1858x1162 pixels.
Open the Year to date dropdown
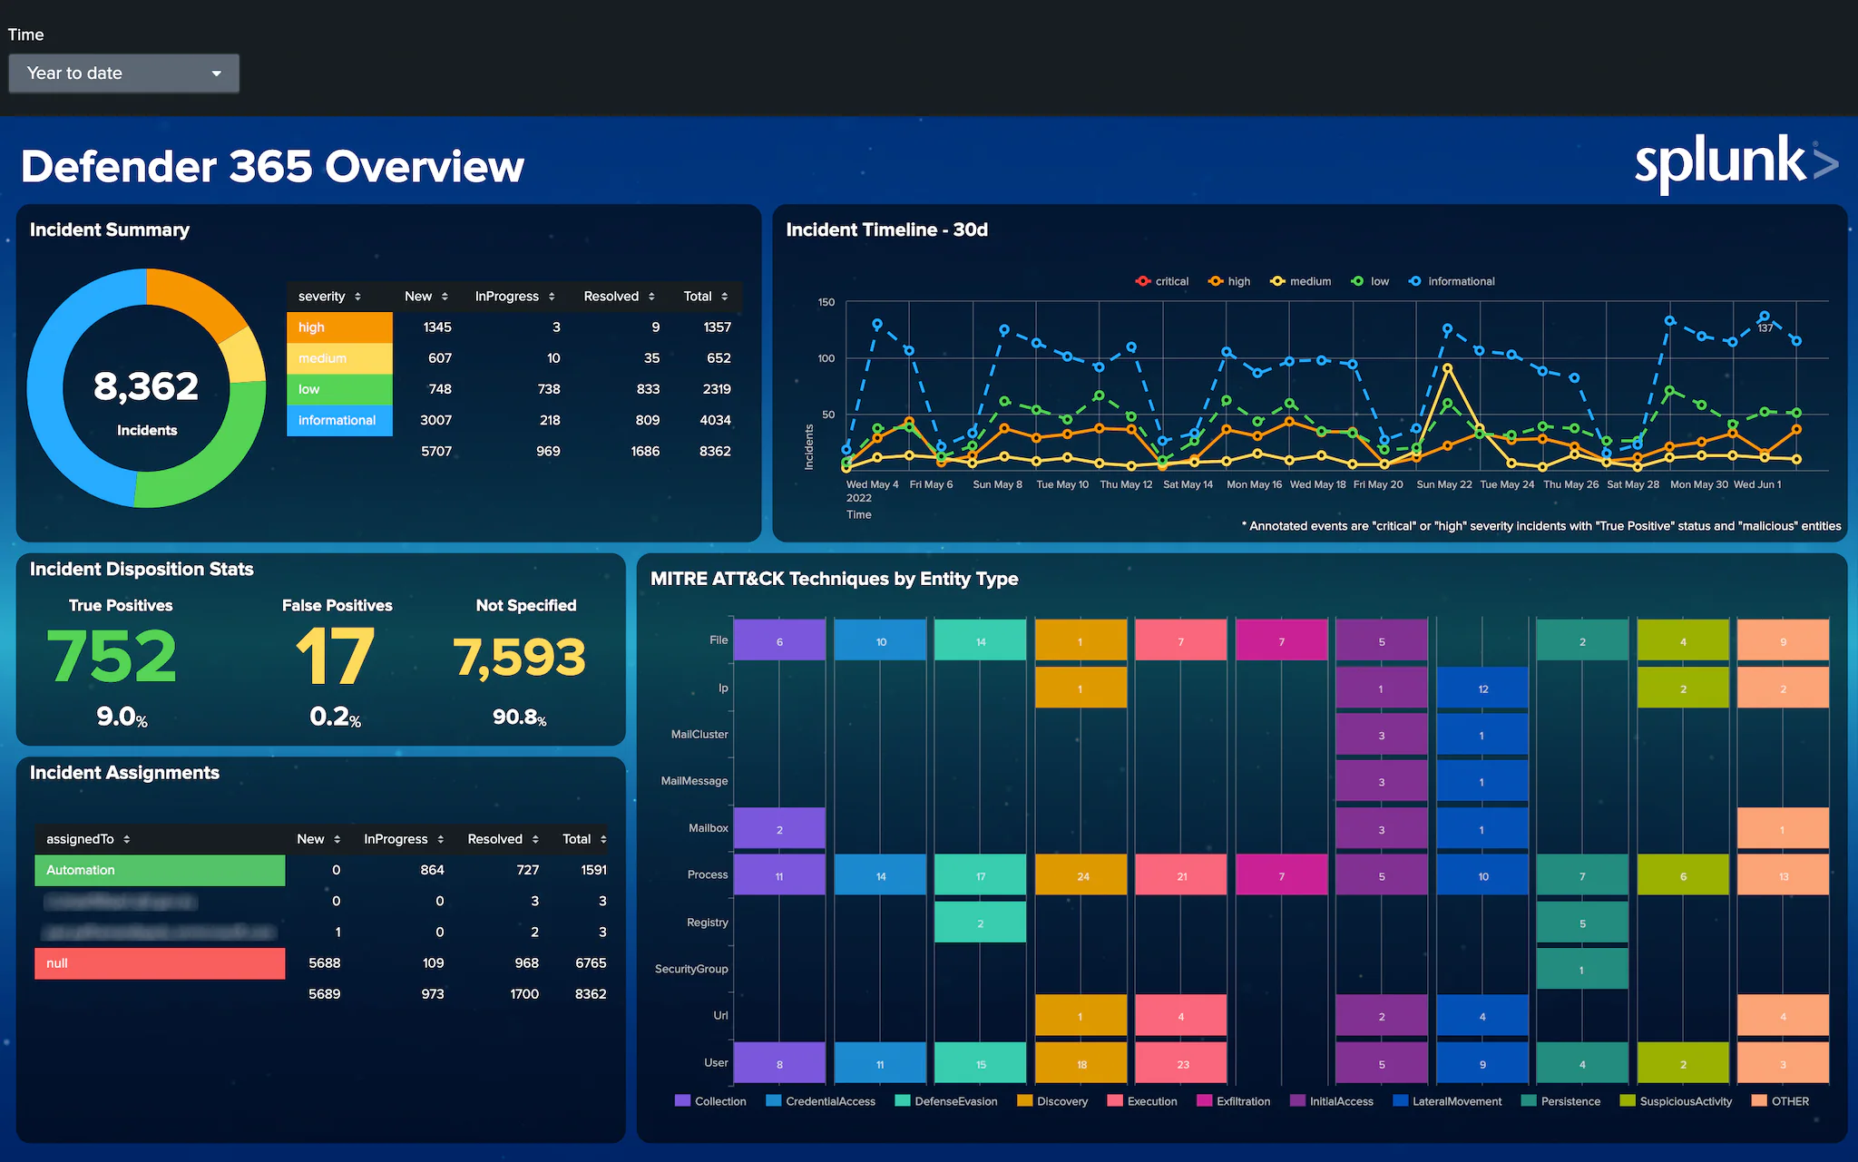pos(123,73)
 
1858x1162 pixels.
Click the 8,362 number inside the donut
pos(146,386)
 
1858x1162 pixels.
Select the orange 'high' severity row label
pos(339,327)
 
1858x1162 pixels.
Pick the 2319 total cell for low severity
pos(716,389)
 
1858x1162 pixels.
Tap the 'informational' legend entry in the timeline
pos(1460,281)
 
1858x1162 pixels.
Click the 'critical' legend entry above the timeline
pos(1170,281)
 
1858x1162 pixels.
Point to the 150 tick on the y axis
pos(826,302)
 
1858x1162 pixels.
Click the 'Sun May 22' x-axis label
pos(1444,484)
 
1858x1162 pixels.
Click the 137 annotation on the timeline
pos(1765,328)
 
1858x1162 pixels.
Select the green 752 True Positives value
pos(112,656)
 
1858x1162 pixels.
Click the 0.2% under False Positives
pos(335,717)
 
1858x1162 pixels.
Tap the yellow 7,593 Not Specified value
pos(520,657)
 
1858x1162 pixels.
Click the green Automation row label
pos(160,870)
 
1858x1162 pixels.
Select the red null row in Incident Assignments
pos(160,963)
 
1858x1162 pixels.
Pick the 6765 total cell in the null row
pos(590,963)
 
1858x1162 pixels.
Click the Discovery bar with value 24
pos(1081,876)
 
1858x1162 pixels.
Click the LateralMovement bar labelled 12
pos(1482,688)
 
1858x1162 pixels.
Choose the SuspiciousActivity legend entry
pos(1684,1101)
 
